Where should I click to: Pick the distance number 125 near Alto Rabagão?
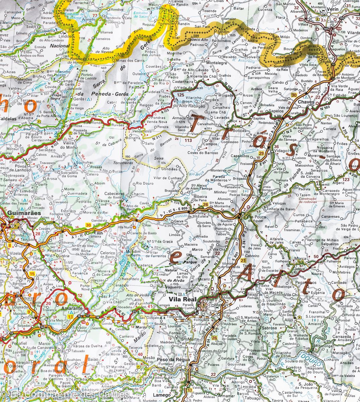[181, 95]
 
